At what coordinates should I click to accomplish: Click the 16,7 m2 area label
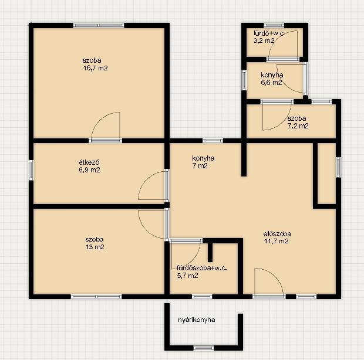tap(95, 68)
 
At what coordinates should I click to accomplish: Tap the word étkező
tap(89, 162)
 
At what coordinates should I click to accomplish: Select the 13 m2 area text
tap(95, 247)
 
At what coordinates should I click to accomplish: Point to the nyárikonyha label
tap(197, 320)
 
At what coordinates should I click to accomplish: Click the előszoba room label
tap(277, 233)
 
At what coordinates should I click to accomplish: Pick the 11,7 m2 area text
tap(276, 241)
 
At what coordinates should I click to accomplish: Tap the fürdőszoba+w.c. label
tap(201, 268)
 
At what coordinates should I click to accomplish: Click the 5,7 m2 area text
tap(187, 276)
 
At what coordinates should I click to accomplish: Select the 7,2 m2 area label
tap(298, 126)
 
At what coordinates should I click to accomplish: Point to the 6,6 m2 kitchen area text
tap(271, 83)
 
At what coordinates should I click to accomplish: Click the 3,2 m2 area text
tap(264, 41)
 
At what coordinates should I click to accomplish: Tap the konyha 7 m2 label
tap(203, 162)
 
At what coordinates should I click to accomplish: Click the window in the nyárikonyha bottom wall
tap(204, 348)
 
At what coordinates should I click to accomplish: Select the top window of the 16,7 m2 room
tap(99, 25)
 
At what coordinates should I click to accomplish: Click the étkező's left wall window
tap(31, 170)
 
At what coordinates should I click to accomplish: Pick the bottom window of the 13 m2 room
tap(96, 297)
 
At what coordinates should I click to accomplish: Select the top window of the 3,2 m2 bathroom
tap(274, 25)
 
